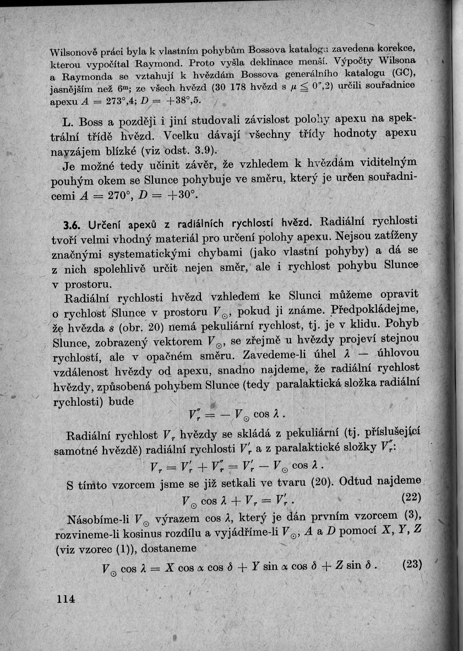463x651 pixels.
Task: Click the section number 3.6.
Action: point(73,225)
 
